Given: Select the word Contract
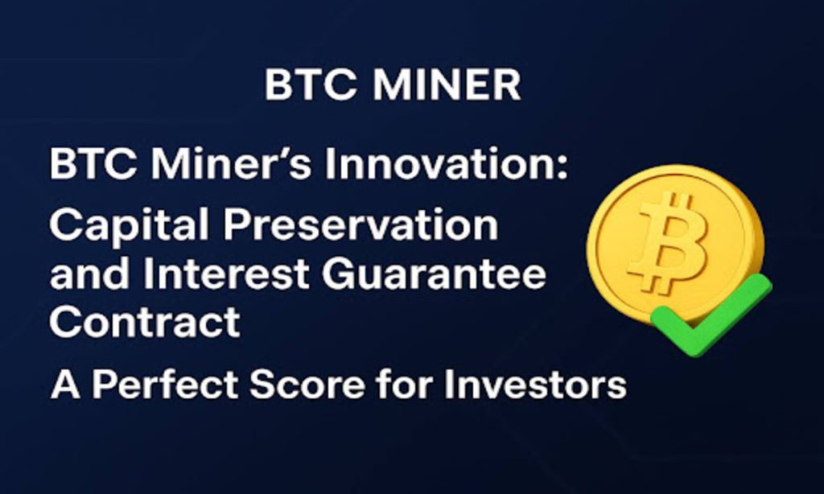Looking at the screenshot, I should coord(144,323).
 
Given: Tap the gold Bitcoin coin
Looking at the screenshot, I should coord(674,241).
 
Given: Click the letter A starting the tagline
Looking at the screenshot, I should coord(65,385).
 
